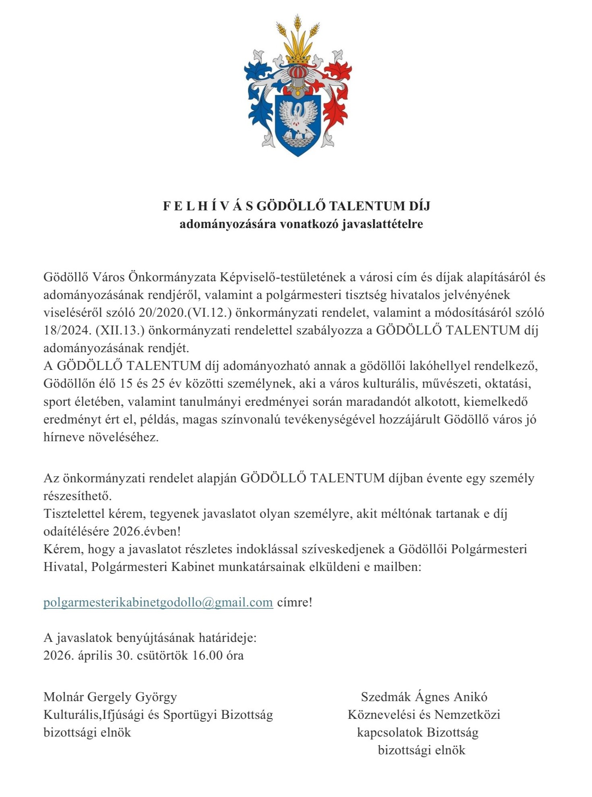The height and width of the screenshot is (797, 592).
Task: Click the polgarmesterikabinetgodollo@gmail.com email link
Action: [x=158, y=602]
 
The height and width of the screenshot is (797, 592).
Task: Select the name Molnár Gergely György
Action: [x=110, y=697]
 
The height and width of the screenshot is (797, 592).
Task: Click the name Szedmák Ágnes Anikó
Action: [x=424, y=697]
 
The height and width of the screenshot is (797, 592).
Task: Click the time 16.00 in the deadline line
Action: [x=207, y=656]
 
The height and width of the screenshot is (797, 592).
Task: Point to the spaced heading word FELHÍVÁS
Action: [x=208, y=206]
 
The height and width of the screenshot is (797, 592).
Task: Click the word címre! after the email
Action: [x=295, y=602]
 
